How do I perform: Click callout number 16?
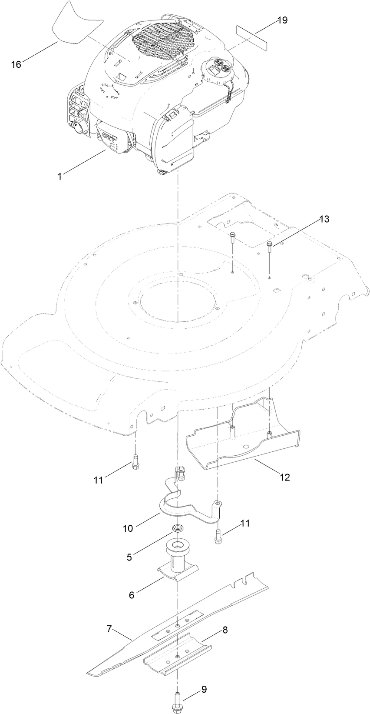coord(16,64)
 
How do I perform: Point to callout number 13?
coord(324,219)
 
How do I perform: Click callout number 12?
coord(284,477)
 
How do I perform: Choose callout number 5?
coord(129,556)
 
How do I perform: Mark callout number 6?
coord(132,594)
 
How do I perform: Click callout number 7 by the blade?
coord(109,628)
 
